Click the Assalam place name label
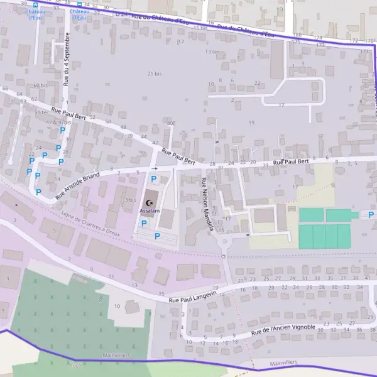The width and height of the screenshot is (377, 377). coord(150,210)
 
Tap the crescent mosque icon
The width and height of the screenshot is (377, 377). coord(150,202)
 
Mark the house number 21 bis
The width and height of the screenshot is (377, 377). coord(155,74)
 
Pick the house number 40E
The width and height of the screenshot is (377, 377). coord(171,123)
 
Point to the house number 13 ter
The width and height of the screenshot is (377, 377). coord(210,52)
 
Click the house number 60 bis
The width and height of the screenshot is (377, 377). coord(40,85)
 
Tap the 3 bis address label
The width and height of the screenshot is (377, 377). coord(130,199)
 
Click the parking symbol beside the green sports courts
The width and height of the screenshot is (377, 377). coord(371,214)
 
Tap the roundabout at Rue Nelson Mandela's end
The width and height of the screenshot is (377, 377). coord(224,239)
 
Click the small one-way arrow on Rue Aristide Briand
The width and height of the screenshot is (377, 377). coord(155,168)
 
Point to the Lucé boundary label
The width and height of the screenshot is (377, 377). coord(75,364)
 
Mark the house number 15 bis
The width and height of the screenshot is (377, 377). coord(201,28)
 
